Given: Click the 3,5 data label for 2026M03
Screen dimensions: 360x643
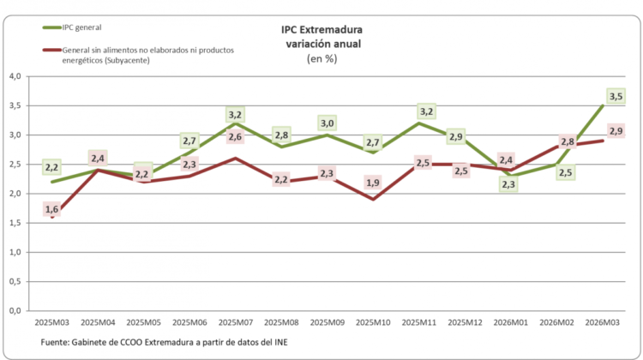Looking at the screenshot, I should [x=615, y=97].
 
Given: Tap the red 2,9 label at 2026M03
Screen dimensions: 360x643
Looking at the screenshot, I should [x=615, y=131].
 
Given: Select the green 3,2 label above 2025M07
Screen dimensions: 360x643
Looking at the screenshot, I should [x=236, y=114].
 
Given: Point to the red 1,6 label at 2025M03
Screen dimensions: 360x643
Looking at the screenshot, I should [x=51, y=209].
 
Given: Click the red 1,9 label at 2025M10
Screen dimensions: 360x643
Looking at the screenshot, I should [x=374, y=183].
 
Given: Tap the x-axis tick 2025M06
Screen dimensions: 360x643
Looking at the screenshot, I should [x=189, y=323].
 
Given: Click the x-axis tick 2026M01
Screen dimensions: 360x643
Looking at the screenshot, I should [x=512, y=323].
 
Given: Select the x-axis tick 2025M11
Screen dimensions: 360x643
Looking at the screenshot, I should [x=419, y=323].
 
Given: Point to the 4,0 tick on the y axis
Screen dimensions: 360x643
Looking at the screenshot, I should [x=15, y=76].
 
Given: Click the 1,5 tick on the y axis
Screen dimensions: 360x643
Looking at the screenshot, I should [x=15, y=223].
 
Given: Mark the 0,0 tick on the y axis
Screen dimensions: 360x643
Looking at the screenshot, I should [x=15, y=311].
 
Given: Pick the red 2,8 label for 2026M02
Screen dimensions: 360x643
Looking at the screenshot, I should [x=566, y=142].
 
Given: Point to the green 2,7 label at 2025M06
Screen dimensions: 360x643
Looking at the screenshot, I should [x=190, y=141].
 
